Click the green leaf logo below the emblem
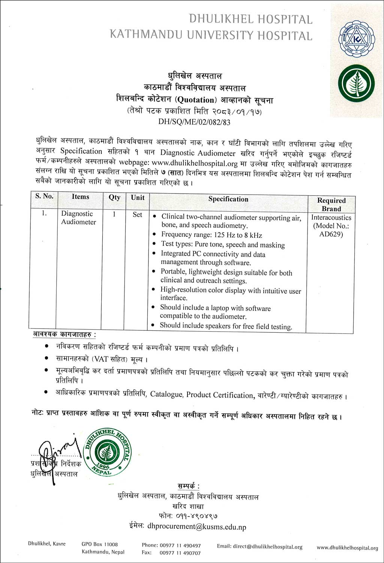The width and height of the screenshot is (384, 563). [x=356, y=84]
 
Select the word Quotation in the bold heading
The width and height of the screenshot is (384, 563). [x=196, y=100]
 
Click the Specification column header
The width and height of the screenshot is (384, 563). [x=228, y=199]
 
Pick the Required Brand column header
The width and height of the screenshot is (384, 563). [x=331, y=204]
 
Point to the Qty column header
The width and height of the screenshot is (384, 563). [x=114, y=197]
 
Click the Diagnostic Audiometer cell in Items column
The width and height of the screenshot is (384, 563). [x=78, y=218]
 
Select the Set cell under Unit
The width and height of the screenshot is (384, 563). [x=137, y=214]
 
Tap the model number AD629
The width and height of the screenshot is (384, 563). [x=331, y=234]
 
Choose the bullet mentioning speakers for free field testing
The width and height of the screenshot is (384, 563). [x=225, y=326]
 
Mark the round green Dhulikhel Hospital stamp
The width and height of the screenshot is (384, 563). [x=108, y=452]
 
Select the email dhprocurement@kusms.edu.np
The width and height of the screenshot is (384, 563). [x=196, y=527]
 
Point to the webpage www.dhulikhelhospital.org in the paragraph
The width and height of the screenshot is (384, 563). [x=195, y=163]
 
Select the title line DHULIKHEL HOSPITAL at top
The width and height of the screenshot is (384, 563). [x=250, y=19]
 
